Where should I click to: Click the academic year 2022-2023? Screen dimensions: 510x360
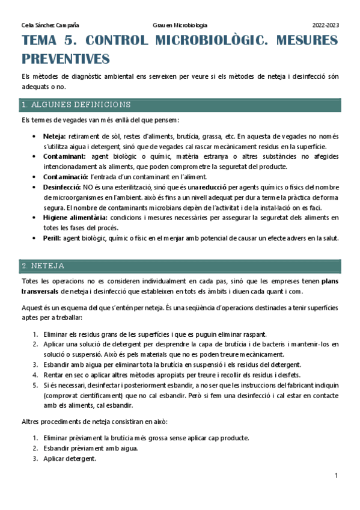[x=325, y=25]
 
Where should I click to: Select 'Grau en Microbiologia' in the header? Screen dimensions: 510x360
[x=180, y=25]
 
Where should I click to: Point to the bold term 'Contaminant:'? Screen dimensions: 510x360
[x=66, y=156]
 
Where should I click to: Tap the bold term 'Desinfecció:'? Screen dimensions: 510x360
[x=64, y=187]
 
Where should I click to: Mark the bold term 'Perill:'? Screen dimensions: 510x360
[x=52, y=238]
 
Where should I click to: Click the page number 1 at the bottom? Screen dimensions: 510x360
[x=337, y=476]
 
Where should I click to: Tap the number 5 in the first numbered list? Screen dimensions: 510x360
[x=35, y=385]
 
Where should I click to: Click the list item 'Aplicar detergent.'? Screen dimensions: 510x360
[x=69, y=458]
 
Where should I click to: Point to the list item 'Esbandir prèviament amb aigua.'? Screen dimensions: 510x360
[x=91, y=448]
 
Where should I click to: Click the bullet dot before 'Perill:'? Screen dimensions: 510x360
[x=35, y=238]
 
